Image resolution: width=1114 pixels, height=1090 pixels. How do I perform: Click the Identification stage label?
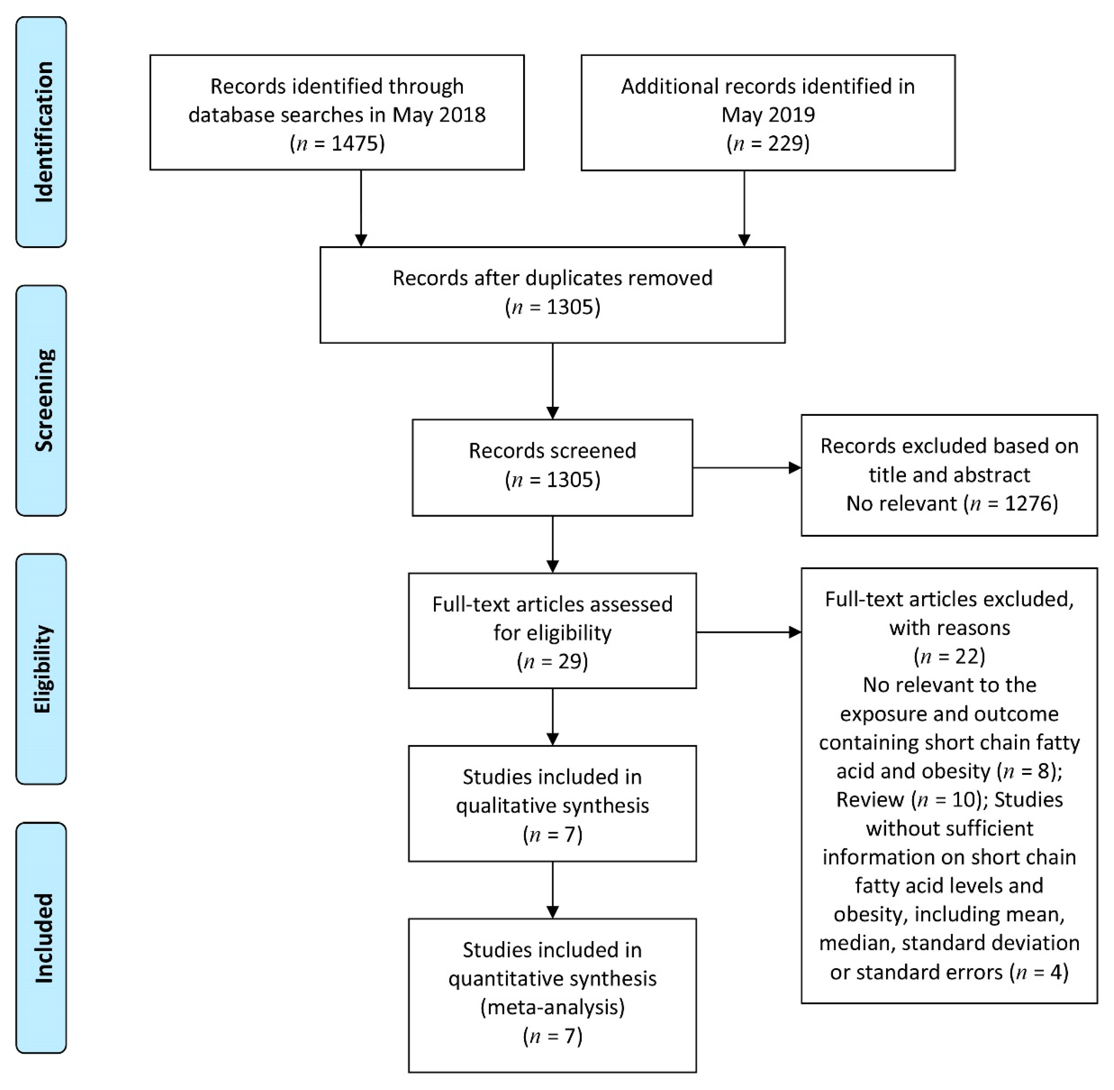tap(42, 132)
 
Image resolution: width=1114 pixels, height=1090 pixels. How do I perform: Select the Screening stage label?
tap(42, 400)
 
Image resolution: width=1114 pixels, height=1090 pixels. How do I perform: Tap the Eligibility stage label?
tap(42, 669)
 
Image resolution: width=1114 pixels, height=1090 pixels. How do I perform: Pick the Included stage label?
tap(42, 937)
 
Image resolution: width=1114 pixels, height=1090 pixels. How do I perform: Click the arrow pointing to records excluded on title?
tap(747, 468)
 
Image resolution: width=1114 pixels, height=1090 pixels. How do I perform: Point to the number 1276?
tap(1027, 503)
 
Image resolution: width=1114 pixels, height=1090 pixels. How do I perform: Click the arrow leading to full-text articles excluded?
tap(748, 632)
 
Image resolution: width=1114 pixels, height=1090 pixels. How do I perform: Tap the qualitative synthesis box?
tap(552, 803)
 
